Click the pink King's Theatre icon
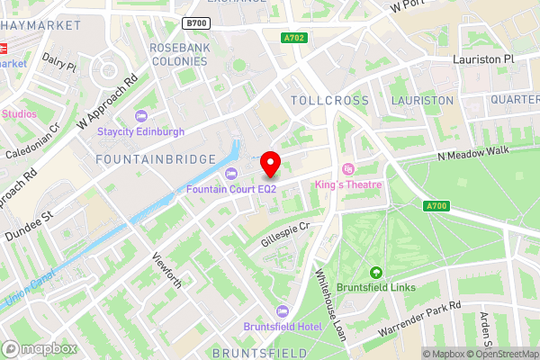(x=348, y=168)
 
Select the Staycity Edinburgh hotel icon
(x=140, y=116)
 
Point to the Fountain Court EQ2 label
(x=231, y=189)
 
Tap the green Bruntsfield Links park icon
(x=376, y=273)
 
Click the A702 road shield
(x=293, y=38)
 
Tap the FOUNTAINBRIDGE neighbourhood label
(x=156, y=158)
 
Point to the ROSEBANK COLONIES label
(x=178, y=54)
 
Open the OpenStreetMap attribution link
(x=499, y=354)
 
